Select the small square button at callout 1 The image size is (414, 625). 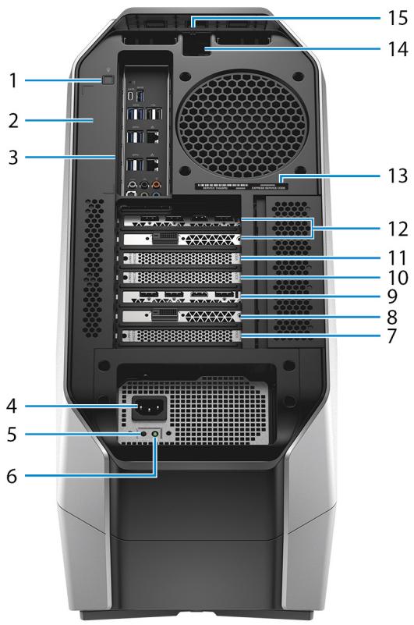[108, 79]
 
